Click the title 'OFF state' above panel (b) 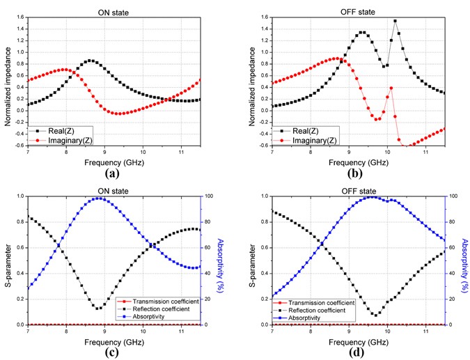click(359, 5)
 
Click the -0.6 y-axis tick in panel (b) click(263, 146)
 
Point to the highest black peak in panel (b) click(395, 21)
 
